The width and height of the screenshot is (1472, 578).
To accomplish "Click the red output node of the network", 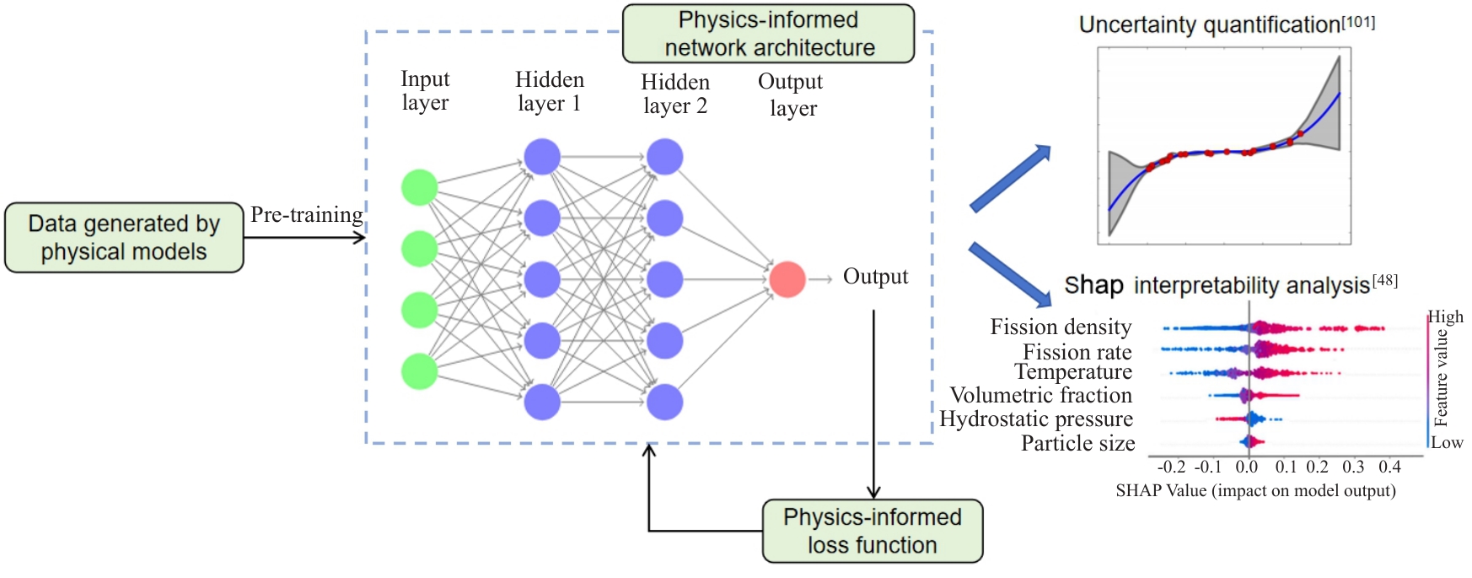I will click(x=787, y=279).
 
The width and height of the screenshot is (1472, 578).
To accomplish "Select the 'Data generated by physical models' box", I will click(x=124, y=237).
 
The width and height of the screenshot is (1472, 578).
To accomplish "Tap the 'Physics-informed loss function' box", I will click(x=873, y=531).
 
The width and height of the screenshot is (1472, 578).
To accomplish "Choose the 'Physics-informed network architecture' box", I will click(x=768, y=34).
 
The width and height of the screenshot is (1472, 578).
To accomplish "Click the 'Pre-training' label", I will click(x=306, y=215).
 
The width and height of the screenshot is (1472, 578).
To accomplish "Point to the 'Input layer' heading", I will click(x=425, y=90).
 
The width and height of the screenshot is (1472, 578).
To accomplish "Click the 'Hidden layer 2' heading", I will click(x=675, y=94).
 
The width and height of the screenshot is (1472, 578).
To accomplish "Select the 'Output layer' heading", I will click(x=791, y=95).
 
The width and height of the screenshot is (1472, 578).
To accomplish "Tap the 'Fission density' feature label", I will click(x=1061, y=327).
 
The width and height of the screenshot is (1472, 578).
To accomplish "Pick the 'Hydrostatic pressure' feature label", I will click(x=1036, y=419).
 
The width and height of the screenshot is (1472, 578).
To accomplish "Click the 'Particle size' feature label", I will click(x=1077, y=444).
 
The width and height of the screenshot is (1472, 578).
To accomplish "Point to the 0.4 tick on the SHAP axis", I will click(x=1389, y=467).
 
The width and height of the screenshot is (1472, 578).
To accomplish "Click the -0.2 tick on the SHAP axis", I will click(x=1171, y=467).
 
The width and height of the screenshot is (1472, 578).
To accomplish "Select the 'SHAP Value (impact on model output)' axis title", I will click(x=1255, y=491).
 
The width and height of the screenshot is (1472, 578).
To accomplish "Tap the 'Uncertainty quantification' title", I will click(x=1210, y=25).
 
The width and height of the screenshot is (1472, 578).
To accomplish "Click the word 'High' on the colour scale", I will click(x=1445, y=317).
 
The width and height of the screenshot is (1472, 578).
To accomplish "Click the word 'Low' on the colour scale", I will click(x=1447, y=443).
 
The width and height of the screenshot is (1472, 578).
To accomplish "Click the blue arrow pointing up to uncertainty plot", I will click(x=1011, y=178).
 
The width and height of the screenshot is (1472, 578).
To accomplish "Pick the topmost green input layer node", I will click(x=419, y=187).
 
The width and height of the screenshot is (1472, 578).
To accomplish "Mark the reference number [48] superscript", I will click(x=1384, y=280).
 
